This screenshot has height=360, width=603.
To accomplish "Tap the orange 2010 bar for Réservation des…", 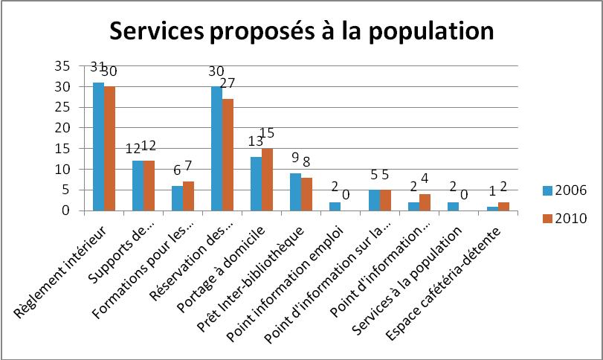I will [228, 155].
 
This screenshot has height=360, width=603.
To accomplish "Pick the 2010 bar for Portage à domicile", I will [268, 179].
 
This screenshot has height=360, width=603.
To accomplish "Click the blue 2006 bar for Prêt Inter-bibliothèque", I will [296, 192].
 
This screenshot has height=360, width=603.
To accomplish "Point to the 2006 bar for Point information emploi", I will [335, 206].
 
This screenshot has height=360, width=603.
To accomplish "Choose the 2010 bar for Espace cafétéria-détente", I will [504, 206].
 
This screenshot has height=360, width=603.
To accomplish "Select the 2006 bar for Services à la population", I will [454, 206].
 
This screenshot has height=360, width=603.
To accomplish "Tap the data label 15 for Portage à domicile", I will [268, 133].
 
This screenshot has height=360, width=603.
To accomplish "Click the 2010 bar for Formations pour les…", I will [188, 196].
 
